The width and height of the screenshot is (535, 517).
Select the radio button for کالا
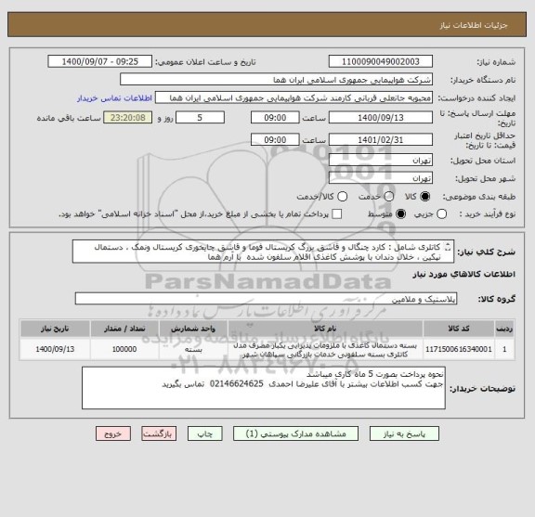pos(425,197)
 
